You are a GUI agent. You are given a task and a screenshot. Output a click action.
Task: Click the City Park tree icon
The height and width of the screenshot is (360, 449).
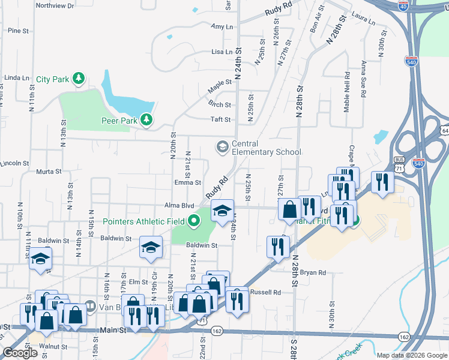click(x=78, y=79)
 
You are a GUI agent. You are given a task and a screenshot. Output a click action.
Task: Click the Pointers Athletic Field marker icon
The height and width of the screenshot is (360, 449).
click(x=193, y=221)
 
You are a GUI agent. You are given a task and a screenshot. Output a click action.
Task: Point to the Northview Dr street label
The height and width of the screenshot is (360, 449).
click(x=55, y=5)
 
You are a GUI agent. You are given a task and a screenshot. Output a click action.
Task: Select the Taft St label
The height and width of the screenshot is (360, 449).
click(x=221, y=119)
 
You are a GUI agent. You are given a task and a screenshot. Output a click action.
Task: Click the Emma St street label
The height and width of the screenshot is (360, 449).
click(x=188, y=182)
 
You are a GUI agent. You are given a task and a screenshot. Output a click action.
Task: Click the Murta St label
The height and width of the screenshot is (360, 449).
click(x=49, y=172)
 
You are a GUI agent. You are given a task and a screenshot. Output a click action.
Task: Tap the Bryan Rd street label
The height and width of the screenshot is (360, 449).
click(x=313, y=272)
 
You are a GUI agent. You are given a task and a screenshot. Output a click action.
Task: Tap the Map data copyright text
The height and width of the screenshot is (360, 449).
click(x=412, y=355)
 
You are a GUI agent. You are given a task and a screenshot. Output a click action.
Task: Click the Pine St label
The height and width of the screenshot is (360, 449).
click(x=19, y=30)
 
